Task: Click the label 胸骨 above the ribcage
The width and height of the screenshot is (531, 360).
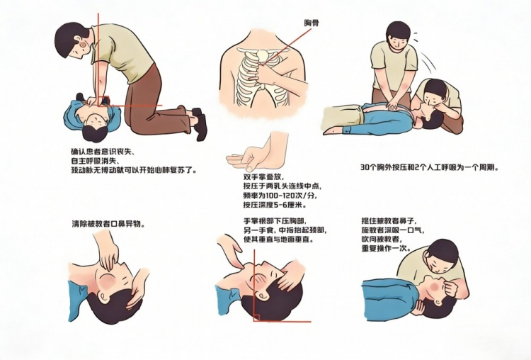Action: click(x=312, y=23)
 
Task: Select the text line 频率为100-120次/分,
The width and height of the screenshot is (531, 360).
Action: click(x=281, y=196)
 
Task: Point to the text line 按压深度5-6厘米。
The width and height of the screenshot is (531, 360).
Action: click(x=275, y=205)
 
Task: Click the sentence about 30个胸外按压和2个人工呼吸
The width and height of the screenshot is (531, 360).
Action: click(x=429, y=167)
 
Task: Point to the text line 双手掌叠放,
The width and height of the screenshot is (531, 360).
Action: click(x=263, y=177)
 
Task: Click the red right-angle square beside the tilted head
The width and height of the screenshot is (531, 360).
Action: click(x=256, y=317)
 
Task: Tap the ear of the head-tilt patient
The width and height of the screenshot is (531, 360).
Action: click(x=260, y=297)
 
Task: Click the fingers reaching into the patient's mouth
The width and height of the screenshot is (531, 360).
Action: click(x=109, y=258)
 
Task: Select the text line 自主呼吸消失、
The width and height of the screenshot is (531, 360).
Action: click(x=97, y=160)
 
